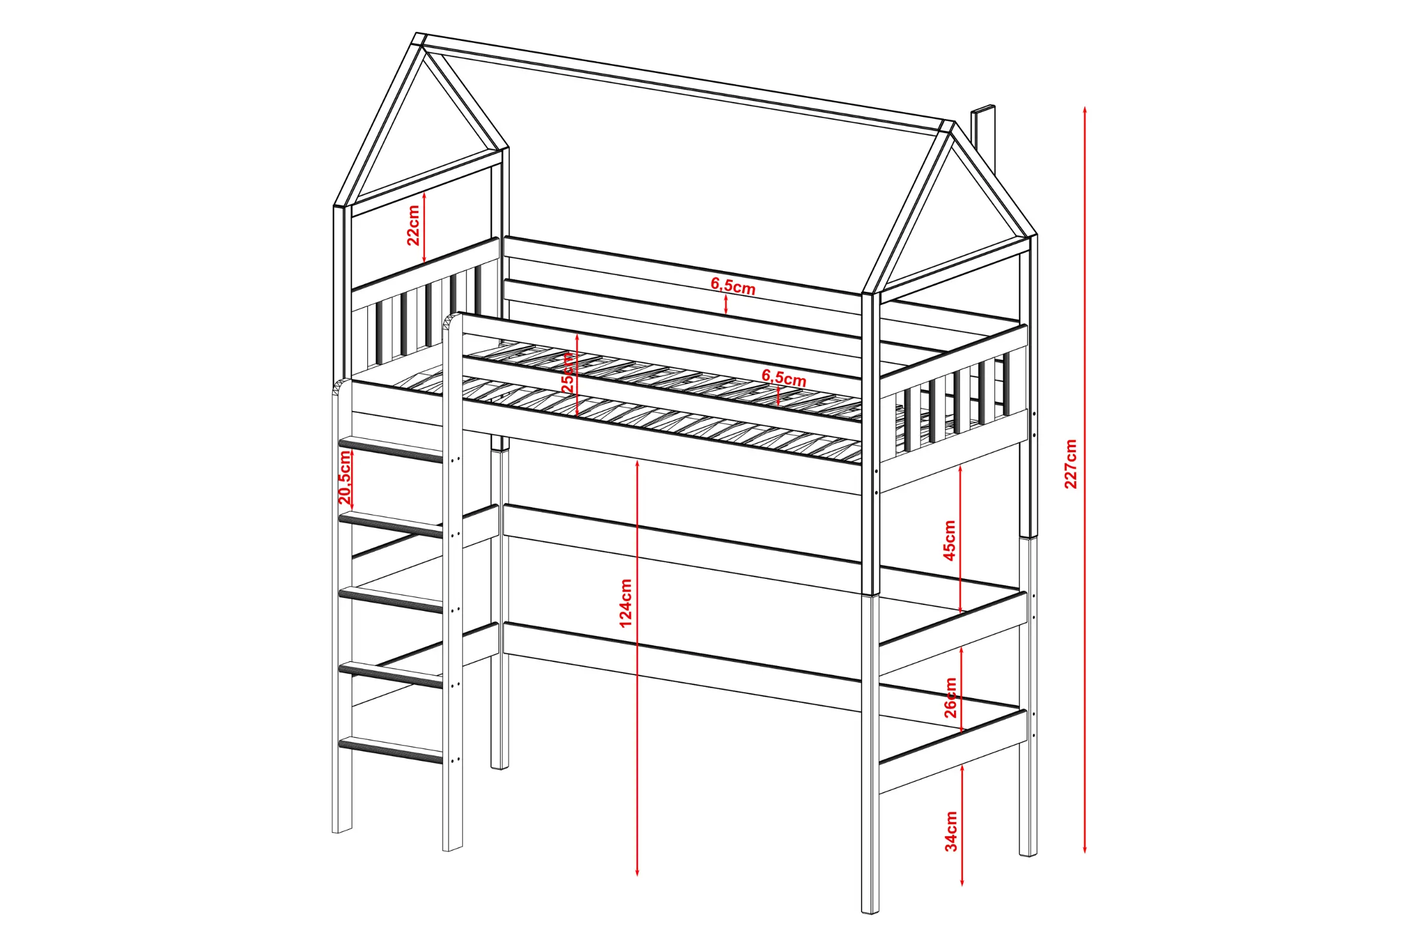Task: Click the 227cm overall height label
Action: click(x=1070, y=464)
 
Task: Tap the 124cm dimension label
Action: click(x=626, y=603)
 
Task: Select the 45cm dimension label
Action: click(x=950, y=540)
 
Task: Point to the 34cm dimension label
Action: click(x=951, y=832)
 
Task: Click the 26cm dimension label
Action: click(x=951, y=698)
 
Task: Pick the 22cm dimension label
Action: click(x=413, y=225)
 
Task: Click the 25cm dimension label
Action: click(x=568, y=373)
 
